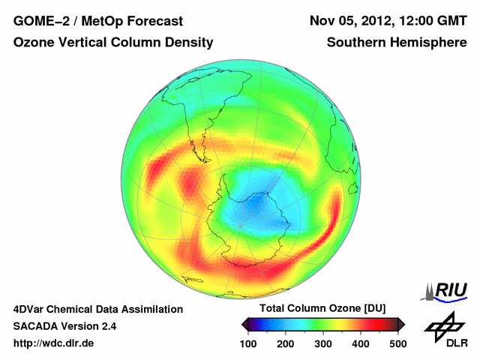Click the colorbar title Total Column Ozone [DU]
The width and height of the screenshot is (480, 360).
click(322, 308)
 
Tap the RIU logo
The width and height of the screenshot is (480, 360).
click(447, 290)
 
